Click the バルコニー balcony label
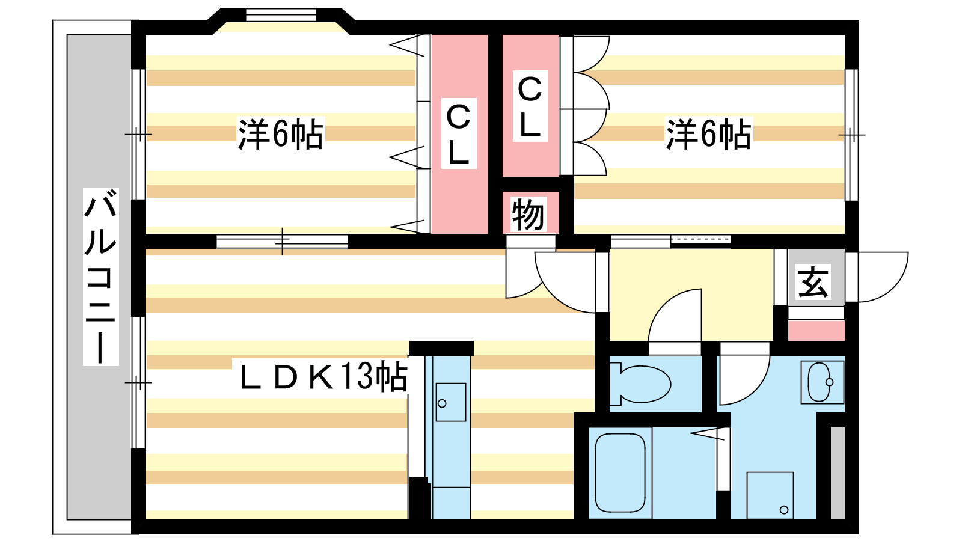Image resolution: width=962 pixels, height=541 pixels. click(x=100, y=277)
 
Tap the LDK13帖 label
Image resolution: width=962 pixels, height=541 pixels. click(x=323, y=377)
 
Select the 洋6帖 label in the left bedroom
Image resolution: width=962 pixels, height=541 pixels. click(x=281, y=134)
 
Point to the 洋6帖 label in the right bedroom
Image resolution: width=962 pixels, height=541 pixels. click(x=708, y=134)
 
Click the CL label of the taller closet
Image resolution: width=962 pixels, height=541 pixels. click(x=459, y=134)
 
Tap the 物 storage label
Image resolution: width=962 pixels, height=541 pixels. click(x=528, y=214)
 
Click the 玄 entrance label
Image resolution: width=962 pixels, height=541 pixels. click(x=813, y=282)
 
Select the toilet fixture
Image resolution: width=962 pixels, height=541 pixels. click(x=641, y=384)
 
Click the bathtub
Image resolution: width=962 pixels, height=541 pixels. click(x=620, y=472)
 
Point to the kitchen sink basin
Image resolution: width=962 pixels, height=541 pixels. click(x=450, y=402)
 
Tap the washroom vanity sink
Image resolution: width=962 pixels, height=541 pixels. click(x=821, y=382)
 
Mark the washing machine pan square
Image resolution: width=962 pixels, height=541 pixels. click(x=770, y=495)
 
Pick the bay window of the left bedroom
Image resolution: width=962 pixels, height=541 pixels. click(x=281, y=14)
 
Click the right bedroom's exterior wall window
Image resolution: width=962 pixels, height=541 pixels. click(x=851, y=135)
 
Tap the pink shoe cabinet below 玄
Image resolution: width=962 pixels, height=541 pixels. click(x=816, y=331)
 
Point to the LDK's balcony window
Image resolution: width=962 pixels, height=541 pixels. click(x=138, y=382)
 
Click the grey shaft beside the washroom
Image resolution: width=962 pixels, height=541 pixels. click(x=838, y=472)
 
